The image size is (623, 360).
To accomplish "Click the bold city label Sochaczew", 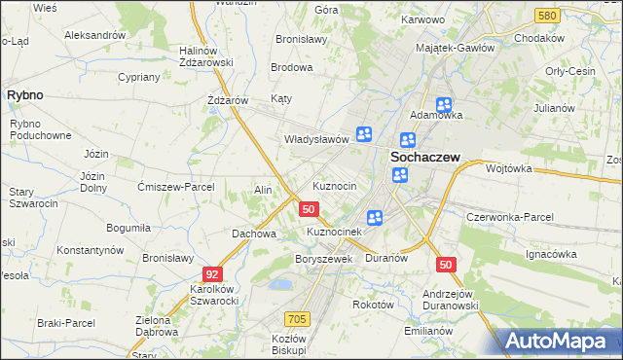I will [x=424, y=155].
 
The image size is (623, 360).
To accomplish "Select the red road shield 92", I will [x=212, y=275].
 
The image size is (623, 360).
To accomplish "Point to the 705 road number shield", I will [x=298, y=319].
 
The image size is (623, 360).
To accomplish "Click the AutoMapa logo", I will [x=560, y=341].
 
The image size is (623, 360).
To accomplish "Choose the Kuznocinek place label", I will [x=335, y=233].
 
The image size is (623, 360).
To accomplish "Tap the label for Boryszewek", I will [x=322, y=260].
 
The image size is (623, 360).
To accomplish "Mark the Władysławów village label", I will [x=315, y=139].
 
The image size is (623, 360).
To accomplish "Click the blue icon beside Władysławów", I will [x=364, y=135].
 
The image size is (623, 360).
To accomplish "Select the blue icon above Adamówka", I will [x=444, y=105].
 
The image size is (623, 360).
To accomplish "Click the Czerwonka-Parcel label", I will [x=510, y=217].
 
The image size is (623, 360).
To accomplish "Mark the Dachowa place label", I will [x=254, y=234].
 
